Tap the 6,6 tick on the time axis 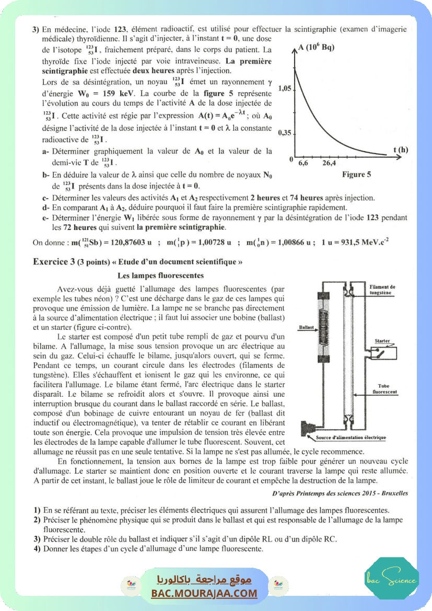tap(303, 163)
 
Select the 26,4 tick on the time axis tap(329, 163)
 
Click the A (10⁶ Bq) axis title tap(316, 48)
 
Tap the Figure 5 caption tap(356, 175)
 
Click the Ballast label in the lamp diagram tap(306, 328)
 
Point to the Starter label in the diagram tap(382, 341)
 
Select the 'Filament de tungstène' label tap(382, 290)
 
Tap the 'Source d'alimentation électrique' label tap(351, 437)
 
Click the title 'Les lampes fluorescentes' tap(160, 275)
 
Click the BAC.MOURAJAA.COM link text tap(204, 593)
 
